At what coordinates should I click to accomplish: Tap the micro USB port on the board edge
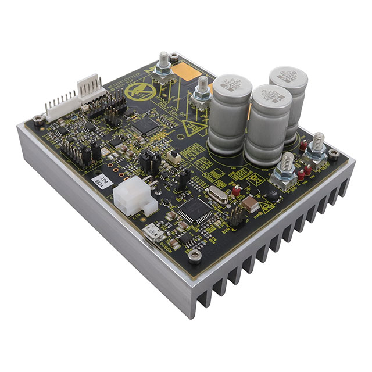coord(154,235)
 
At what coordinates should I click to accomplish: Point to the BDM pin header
coord(235,217)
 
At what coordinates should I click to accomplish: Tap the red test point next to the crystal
coord(236,190)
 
